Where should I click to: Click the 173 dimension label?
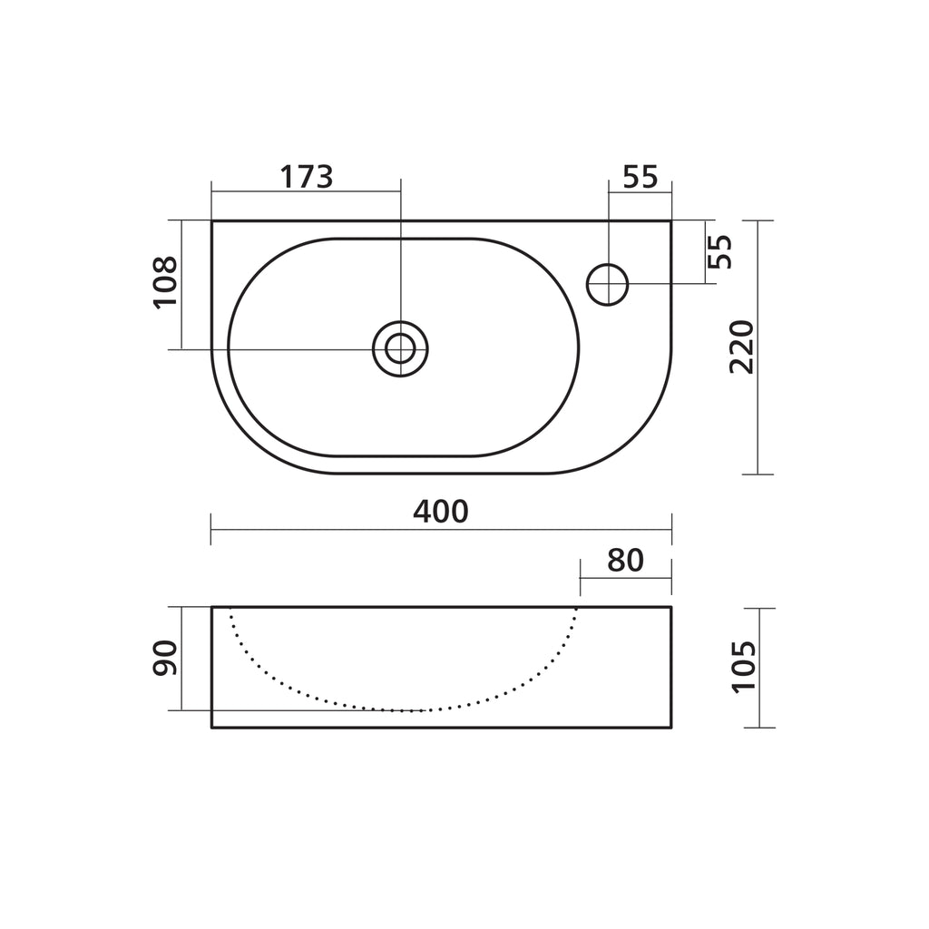tap(307, 177)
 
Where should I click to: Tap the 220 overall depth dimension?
tap(740, 347)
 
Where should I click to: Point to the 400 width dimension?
tap(441, 512)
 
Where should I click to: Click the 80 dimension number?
tap(625, 561)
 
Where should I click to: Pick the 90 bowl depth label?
tap(165, 658)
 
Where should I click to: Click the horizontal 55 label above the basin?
tap(641, 177)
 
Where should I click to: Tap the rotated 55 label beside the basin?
tap(720, 252)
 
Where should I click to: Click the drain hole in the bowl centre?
tap(400, 349)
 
